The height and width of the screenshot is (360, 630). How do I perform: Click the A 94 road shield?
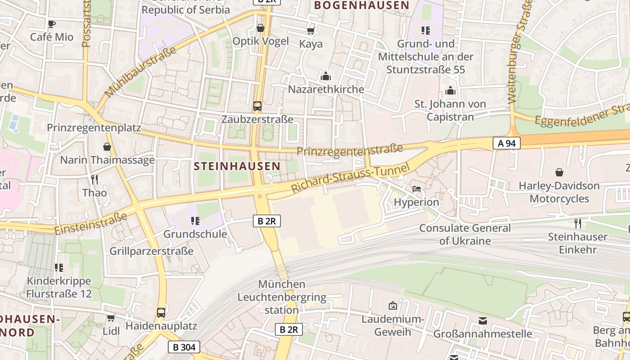507,144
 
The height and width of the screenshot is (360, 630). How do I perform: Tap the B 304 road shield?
184,347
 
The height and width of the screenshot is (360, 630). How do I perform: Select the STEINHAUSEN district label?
237,166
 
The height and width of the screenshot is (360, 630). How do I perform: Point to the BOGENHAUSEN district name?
362,5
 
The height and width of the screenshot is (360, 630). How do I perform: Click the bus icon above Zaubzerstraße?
257,106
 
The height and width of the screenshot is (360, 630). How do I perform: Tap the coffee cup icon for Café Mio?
51,24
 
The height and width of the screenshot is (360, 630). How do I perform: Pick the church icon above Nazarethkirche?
326,76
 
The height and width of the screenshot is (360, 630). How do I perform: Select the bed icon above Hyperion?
417,189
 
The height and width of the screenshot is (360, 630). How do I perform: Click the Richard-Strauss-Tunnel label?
351,178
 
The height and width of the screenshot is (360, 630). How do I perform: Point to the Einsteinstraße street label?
91,224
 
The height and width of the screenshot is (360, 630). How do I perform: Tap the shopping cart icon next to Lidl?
111,318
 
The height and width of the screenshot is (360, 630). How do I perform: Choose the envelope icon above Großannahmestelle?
483,321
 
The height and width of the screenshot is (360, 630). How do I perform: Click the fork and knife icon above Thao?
94,180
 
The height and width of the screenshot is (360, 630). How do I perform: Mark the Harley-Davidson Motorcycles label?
559,192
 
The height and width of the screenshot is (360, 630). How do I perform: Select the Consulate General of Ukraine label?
465,234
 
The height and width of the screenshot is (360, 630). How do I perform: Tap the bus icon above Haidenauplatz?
161,312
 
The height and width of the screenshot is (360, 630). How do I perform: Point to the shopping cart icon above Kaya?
310,31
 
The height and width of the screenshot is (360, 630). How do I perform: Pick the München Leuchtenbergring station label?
282,297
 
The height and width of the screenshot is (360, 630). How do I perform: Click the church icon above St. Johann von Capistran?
450,91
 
